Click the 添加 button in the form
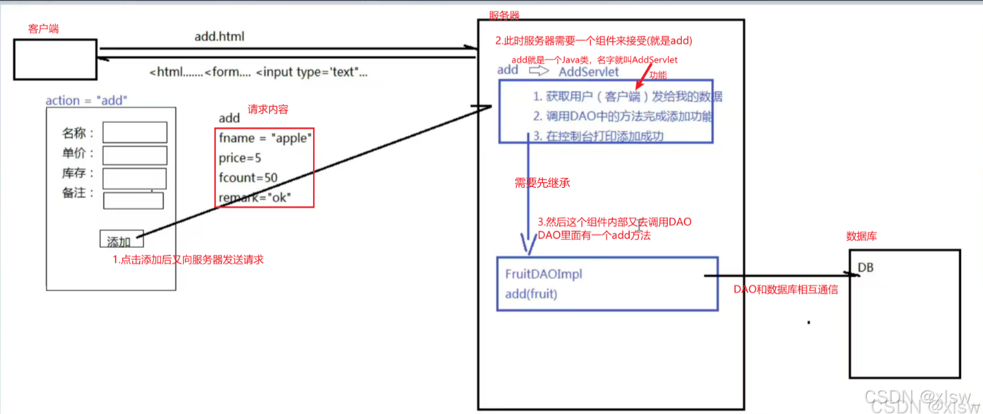pos(121,239)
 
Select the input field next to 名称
pos(134,132)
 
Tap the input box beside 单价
pos(134,155)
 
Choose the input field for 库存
pos(134,178)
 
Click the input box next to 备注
pos(134,200)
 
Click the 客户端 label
pos(43,29)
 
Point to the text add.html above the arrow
pos(219,37)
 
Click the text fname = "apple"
pos(265,138)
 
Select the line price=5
pos(240,158)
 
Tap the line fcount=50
pos(248,178)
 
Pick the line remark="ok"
pos(255,198)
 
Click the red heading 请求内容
pos(268,109)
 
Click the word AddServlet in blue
pos(588,71)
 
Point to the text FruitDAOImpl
pos(544,274)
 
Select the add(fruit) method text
pos(531,294)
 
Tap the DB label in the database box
pos(865,268)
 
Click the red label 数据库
pos(861,236)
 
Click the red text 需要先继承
pos(542,183)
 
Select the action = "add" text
pos(86,101)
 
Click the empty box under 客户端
pos(55,59)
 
